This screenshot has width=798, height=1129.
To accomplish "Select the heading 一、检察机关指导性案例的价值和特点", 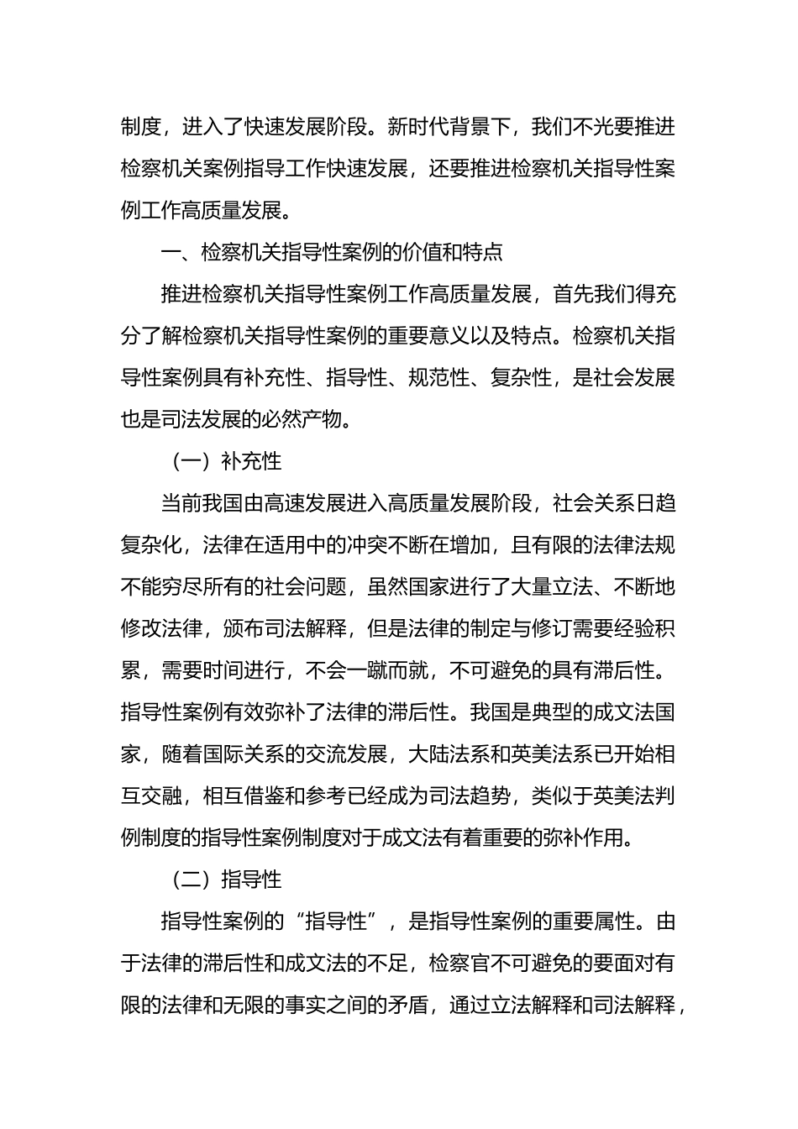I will (x=333, y=252).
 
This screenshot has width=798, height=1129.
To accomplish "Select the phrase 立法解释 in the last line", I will (x=531, y=1005).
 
